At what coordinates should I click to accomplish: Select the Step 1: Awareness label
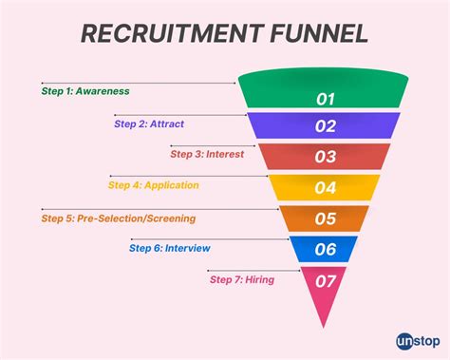click(85, 91)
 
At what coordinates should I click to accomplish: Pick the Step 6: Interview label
click(169, 248)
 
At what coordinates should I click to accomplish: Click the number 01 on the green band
click(326, 97)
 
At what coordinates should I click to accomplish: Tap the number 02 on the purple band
click(326, 126)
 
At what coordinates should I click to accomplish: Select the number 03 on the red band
click(326, 157)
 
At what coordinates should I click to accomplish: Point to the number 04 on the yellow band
click(326, 188)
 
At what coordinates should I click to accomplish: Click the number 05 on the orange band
click(326, 219)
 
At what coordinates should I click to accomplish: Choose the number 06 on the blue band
click(326, 251)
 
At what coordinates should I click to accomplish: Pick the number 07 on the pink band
click(326, 280)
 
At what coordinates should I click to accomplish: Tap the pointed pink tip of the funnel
click(325, 321)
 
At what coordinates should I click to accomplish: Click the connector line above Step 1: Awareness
click(138, 83)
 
